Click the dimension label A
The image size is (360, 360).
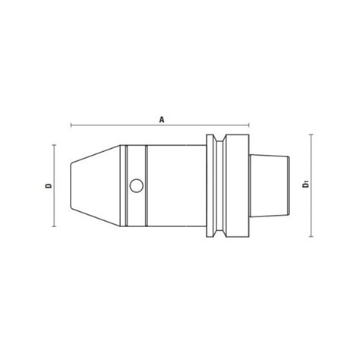pos(161,118)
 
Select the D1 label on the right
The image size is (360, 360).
pos(305,184)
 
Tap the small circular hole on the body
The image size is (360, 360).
pos(136,185)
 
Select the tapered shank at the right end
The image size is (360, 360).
pos(270,185)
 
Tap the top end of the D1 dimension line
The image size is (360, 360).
pos(311,134)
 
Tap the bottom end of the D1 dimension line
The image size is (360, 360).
pos(311,235)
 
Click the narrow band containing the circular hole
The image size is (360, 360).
pos(137,163)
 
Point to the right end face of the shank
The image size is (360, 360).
pos(289,185)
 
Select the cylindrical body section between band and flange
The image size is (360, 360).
pos(175,185)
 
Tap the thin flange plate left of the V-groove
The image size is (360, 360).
pos(210,185)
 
